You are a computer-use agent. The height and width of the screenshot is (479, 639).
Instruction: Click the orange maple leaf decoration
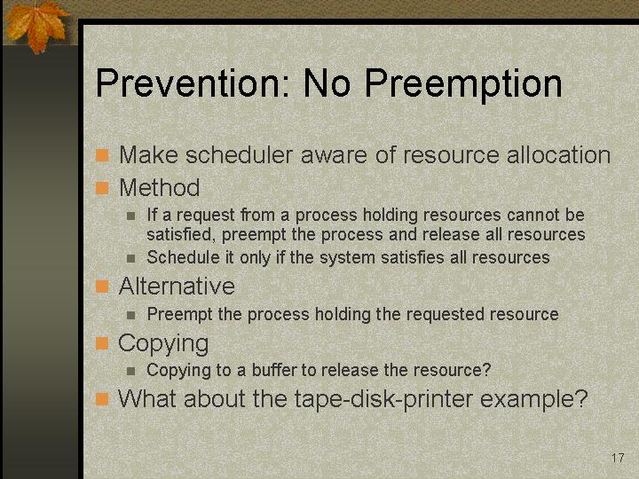[x=37, y=25]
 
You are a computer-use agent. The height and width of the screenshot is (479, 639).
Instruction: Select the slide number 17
[x=618, y=458]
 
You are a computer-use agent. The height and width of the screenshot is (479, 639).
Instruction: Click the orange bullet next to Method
[x=102, y=188]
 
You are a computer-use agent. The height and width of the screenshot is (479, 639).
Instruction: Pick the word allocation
[x=558, y=154]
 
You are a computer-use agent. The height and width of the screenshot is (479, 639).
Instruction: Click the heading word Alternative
[x=177, y=286]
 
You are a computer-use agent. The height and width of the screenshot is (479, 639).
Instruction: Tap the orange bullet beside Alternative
[x=102, y=287]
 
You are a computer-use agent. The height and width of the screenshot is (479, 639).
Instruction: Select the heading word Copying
[x=163, y=344]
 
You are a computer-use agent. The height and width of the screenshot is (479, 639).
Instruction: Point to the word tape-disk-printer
[x=383, y=399]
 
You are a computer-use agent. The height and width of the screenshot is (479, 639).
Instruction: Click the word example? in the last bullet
[x=534, y=399]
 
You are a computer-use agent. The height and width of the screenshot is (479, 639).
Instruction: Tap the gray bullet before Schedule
[x=130, y=258]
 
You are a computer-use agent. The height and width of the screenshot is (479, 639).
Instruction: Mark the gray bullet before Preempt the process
[x=130, y=315]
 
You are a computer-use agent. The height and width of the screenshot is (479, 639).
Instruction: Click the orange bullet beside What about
[x=102, y=399]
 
